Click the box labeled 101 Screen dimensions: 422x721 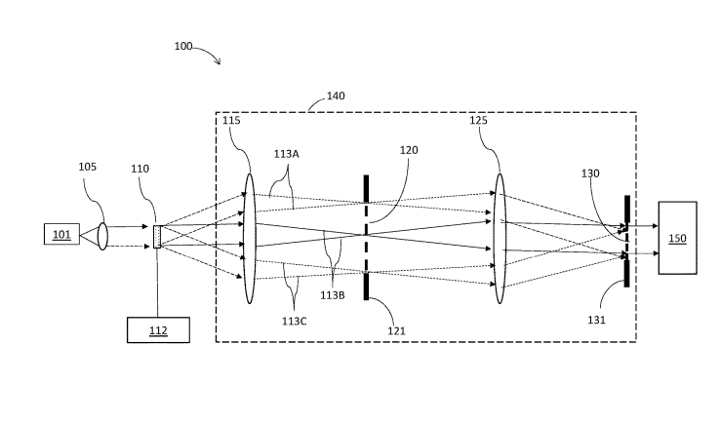(61, 234)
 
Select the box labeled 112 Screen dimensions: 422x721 (158, 330)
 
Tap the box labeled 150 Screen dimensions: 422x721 (677, 238)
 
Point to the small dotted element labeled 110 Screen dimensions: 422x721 (157, 236)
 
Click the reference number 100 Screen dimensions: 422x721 (182, 47)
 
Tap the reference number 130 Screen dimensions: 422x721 (592, 173)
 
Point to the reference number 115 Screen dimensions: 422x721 (231, 120)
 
